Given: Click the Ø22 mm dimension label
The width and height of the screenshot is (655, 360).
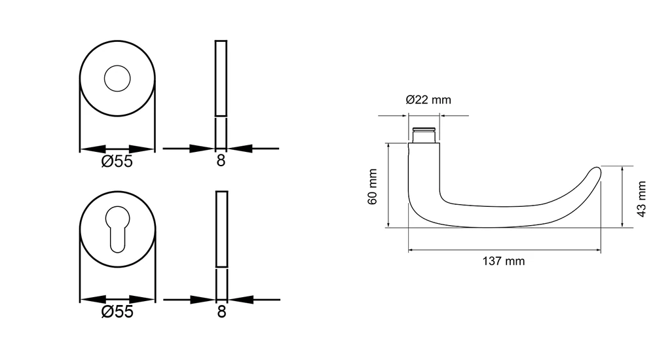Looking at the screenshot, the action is tap(428, 99).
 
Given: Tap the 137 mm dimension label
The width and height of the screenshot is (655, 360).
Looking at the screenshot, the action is tap(503, 261).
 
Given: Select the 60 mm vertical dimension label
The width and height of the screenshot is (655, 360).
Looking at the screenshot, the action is tap(373, 187).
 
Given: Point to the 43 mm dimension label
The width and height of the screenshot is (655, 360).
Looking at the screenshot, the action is tap(641, 199).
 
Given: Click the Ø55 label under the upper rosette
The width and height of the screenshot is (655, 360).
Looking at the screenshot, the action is tap(117, 161).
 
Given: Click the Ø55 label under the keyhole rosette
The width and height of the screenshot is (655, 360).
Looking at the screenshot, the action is tap(117, 312).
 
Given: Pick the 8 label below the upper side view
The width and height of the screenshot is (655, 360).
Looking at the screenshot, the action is tap(221, 161).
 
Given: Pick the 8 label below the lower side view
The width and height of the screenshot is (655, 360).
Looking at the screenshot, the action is tap(221, 312).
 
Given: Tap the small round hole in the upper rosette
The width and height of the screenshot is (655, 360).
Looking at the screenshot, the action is tap(117, 79).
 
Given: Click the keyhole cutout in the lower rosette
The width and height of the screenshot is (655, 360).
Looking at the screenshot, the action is tap(117, 229).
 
